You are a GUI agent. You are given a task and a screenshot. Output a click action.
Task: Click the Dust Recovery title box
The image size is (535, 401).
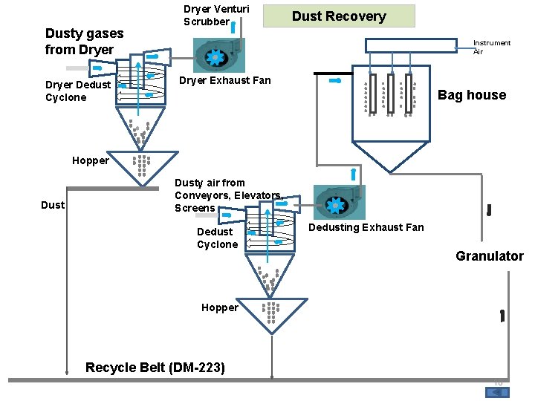pyautogui.click(x=339, y=16)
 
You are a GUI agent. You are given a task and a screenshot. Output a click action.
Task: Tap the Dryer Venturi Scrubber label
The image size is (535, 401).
pyautogui.click(x=216, y=16)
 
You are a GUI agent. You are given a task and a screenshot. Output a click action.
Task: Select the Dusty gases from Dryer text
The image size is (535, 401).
pyautogui.click(x=84, y=41)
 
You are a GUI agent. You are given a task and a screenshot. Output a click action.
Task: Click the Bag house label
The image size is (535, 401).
pyautogui.click(x=471, y=95)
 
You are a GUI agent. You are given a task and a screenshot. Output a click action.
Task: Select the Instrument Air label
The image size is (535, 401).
pyautogui.click(x=492, y=47)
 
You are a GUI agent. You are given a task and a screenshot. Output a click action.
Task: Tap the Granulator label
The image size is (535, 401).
pyautogui.click(x=489, y=256)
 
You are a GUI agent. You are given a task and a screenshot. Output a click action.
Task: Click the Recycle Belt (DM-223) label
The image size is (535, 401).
pyautogui.click(x=155, y=368)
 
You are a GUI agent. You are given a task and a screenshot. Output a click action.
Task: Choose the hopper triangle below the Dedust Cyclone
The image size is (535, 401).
pyautogui.click(x=271, y=313)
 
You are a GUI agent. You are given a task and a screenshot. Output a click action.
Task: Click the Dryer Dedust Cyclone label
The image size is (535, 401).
pyautogui.click(x=77, y=91)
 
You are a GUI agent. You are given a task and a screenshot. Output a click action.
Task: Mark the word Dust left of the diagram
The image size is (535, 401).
pyautogui.click(x=53, y=205)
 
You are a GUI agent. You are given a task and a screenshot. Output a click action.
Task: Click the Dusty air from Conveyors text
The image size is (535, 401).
pyautogui.click(x=227, y=195)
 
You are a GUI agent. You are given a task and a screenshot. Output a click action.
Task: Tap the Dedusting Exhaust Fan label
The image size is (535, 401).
pyautogui.click(x=366, y=227)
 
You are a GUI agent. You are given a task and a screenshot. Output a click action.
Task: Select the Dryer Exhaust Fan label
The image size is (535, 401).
pyautogui.click(x=225, y=80)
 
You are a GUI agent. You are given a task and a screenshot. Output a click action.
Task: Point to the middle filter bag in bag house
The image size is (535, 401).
pyautogui.click(x=390, y=94)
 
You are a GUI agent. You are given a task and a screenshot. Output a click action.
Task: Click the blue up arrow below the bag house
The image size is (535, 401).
pyautogui.click(x=353, y=175)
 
